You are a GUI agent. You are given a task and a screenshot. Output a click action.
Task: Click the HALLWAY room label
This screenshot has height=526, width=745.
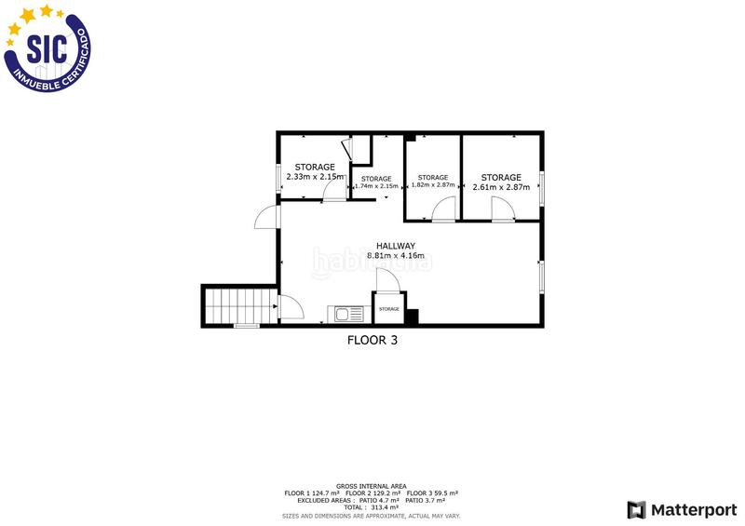click(396, 246)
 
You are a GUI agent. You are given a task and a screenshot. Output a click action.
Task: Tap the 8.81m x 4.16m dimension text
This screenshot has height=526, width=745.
click(396, 255)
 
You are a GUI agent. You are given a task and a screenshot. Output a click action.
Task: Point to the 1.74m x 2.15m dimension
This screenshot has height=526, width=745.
click(376, 186)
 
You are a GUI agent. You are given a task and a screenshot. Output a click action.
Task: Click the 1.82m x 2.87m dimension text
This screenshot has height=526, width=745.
click(433, 185)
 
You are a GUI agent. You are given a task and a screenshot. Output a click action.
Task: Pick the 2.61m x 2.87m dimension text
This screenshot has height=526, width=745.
click(501, 187)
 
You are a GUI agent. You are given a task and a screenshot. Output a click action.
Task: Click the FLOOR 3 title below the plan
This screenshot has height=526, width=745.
click(372, 341)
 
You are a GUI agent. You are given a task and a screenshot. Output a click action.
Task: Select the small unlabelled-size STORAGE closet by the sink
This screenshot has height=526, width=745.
click(388, 309)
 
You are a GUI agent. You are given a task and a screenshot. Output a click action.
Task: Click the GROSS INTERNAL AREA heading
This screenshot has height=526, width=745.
click(372, 486)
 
